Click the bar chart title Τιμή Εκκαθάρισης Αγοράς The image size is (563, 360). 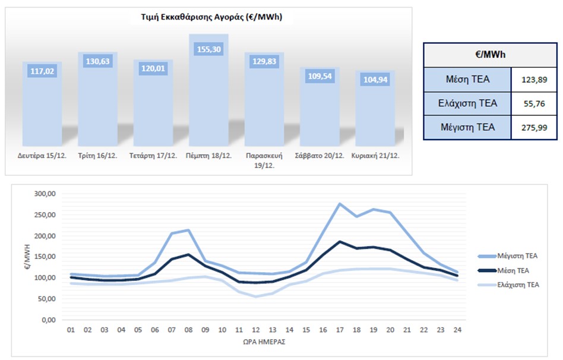coord(207,17)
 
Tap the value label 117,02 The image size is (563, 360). coord(42,71)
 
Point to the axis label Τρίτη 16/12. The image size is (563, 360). coord(97,156)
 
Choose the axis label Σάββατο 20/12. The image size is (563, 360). coord(319,156)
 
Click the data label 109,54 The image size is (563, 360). coord(319,76)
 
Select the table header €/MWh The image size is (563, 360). coord(490,54)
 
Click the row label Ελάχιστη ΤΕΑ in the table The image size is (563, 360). coord(467,103)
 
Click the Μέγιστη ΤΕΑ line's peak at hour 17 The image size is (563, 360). coord(340,204)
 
